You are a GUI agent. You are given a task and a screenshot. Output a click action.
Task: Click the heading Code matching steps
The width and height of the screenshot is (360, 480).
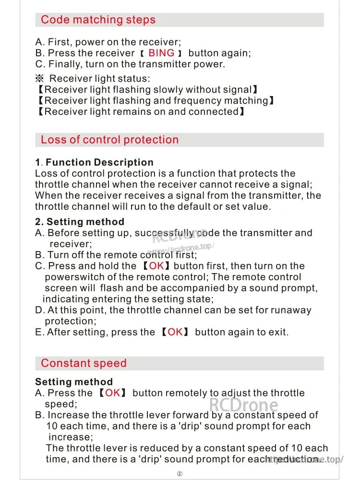pyautogui.click(x=98, y=20)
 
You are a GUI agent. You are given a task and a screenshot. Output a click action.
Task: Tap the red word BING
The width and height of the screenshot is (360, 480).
pyautogui.click(x=161, y=53)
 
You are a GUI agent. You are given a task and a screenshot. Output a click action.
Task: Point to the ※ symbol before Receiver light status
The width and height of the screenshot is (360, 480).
pyautogui.click(x=40, y=78)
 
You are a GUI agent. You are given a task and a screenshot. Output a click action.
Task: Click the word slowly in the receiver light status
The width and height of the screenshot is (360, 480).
pyautogui.click(x=168, y=89)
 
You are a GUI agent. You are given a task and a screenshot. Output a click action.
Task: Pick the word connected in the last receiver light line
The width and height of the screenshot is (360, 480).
pyautogui.click(x=213, y=111)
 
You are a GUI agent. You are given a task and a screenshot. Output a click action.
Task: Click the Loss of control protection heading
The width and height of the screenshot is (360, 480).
pyautogui.click(x=109, y=140)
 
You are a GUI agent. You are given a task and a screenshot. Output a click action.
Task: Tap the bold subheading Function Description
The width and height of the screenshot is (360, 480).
pyautogui.click(x=99, y=162)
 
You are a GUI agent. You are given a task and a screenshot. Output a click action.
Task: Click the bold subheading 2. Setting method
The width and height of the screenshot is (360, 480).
pyautogui.click(x=80, y=222)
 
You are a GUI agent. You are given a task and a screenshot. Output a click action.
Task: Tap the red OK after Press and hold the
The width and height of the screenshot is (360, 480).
pyautogui.click(x=156, y=266)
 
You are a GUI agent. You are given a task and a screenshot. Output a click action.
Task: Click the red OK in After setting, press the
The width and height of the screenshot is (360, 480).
pyautogui.click(x=175, y=332)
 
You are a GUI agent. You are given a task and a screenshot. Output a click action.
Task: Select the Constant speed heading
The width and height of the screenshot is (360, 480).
pyautogui.click(x=84, y=363)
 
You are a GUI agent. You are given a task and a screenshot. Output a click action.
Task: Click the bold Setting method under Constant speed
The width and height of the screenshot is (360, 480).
pyautogui.click(x=74, y=382)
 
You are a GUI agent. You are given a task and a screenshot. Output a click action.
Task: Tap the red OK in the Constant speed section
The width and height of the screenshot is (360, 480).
pyautogui.click(x=113, y=393)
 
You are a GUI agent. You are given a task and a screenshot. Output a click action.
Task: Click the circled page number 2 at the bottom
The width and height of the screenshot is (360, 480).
pyautogui.click(x=180, y=474)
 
